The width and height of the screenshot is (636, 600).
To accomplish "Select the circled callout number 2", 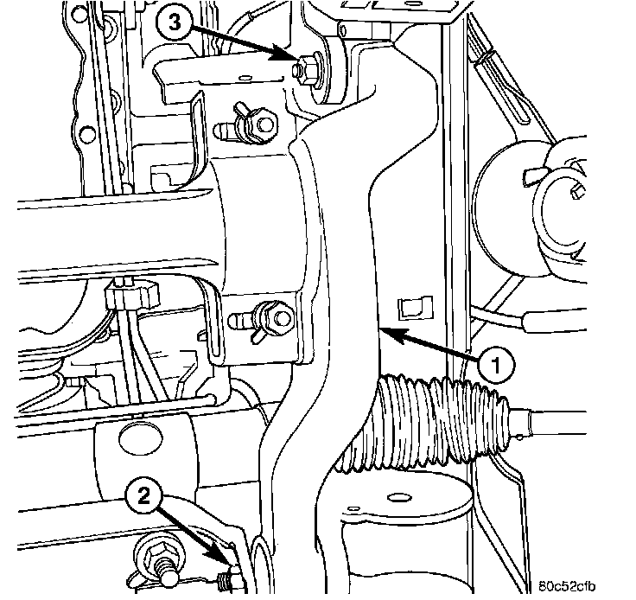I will (x=143, y=496).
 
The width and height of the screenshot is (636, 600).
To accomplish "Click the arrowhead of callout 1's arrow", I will (x=385, y=330).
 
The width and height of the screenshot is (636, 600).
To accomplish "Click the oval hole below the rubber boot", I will (x=400, y=496).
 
